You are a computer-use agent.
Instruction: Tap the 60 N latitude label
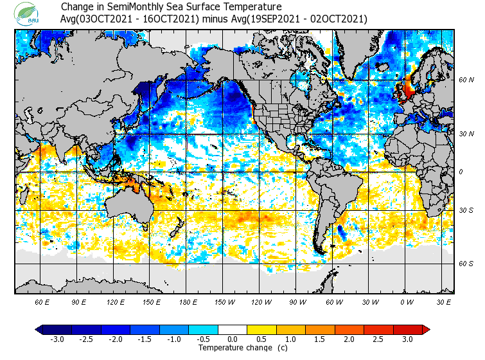pyautogui.click(x=466, y=80)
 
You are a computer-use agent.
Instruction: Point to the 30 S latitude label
pyautogui.click(x=466, y=210)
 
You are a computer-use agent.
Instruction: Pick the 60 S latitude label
pyautogui.click(x=466, y=264)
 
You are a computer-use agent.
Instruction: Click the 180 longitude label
pyautogui.click(x=188, y=302)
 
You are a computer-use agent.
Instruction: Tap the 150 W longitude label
pyautogui.click(x=224, y=302)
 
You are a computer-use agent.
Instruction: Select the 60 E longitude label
pyautogui.click(x=42, y=302)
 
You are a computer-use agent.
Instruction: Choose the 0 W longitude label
pyautogui.click(x=407, y=302)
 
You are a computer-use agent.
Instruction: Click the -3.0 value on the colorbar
pyautogui.click(x=58, y=339)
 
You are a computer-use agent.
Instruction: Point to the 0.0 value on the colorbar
pyautogui.click(x=232, y=339)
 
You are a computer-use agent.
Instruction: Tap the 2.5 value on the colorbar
pyautogui.click(x=378, y=339)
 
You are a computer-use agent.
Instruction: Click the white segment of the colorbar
pyautogui.click(x=232, y=330)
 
